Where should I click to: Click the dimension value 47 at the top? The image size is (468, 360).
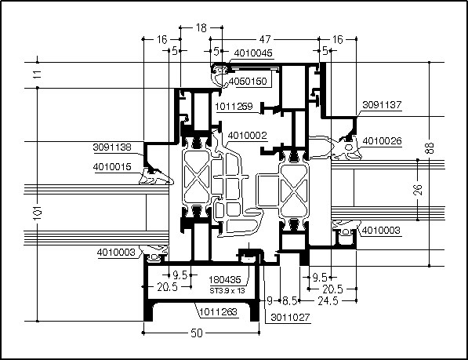click(x=265, y=39)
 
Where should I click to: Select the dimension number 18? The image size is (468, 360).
click(x=201, y=27)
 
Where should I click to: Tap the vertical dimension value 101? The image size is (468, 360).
click(x=38, y=213)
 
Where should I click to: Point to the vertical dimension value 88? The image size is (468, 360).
click(x=430, y=147)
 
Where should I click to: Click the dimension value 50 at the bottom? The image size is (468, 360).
click(x=197, y=333)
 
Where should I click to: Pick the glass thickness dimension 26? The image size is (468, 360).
click(x=418, y=190)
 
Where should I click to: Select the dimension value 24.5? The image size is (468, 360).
click(x=328, y=301)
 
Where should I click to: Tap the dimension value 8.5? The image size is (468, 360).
click(x=289, y=301)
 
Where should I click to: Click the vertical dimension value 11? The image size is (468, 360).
click(x=38, y=74)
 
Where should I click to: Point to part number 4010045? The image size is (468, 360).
click(x=253, y=53)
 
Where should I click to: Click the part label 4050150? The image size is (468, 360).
click(x=248, y=82)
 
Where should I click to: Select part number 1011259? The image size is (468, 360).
click(x=234, y=106)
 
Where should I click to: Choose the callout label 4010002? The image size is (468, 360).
click(x=247, y=136)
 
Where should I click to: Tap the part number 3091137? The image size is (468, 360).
click(x=382, y=105)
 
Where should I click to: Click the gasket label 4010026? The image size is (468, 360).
click(x=382, y=140)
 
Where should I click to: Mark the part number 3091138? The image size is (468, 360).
click(x=112, y=147)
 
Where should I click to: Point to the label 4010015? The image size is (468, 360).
click(x=112, y=166)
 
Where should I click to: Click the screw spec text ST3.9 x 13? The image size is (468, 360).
click(x=227, y=290)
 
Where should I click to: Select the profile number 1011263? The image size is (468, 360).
click(x=218, y=312)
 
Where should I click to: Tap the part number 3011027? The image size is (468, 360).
click(x=290, y=317)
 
